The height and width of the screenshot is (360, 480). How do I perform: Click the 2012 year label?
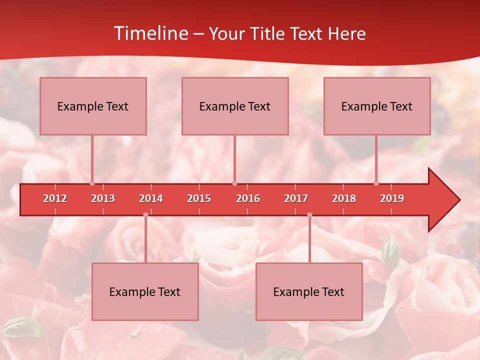55,198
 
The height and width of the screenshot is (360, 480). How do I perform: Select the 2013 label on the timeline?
103,198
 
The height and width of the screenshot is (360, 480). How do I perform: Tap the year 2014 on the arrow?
151,198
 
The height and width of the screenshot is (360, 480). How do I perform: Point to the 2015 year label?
199,198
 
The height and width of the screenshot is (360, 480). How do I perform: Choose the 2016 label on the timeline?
248,198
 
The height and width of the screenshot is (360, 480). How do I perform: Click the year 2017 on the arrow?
296,198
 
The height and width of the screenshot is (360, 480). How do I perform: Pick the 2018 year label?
344,198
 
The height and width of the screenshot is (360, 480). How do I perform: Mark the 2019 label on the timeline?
392,198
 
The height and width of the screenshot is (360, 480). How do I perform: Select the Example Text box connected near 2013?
93,106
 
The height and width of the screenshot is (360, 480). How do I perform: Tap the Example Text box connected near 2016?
235,106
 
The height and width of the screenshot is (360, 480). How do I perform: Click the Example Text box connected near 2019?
377,106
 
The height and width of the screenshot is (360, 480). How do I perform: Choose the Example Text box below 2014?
145,291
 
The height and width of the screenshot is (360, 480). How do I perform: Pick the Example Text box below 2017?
309,291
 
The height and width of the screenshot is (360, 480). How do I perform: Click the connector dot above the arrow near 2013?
92,183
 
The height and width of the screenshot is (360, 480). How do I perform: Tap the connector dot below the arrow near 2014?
145,215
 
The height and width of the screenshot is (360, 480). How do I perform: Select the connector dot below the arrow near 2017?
309,215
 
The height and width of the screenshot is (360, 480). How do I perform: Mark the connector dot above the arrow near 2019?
376,183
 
